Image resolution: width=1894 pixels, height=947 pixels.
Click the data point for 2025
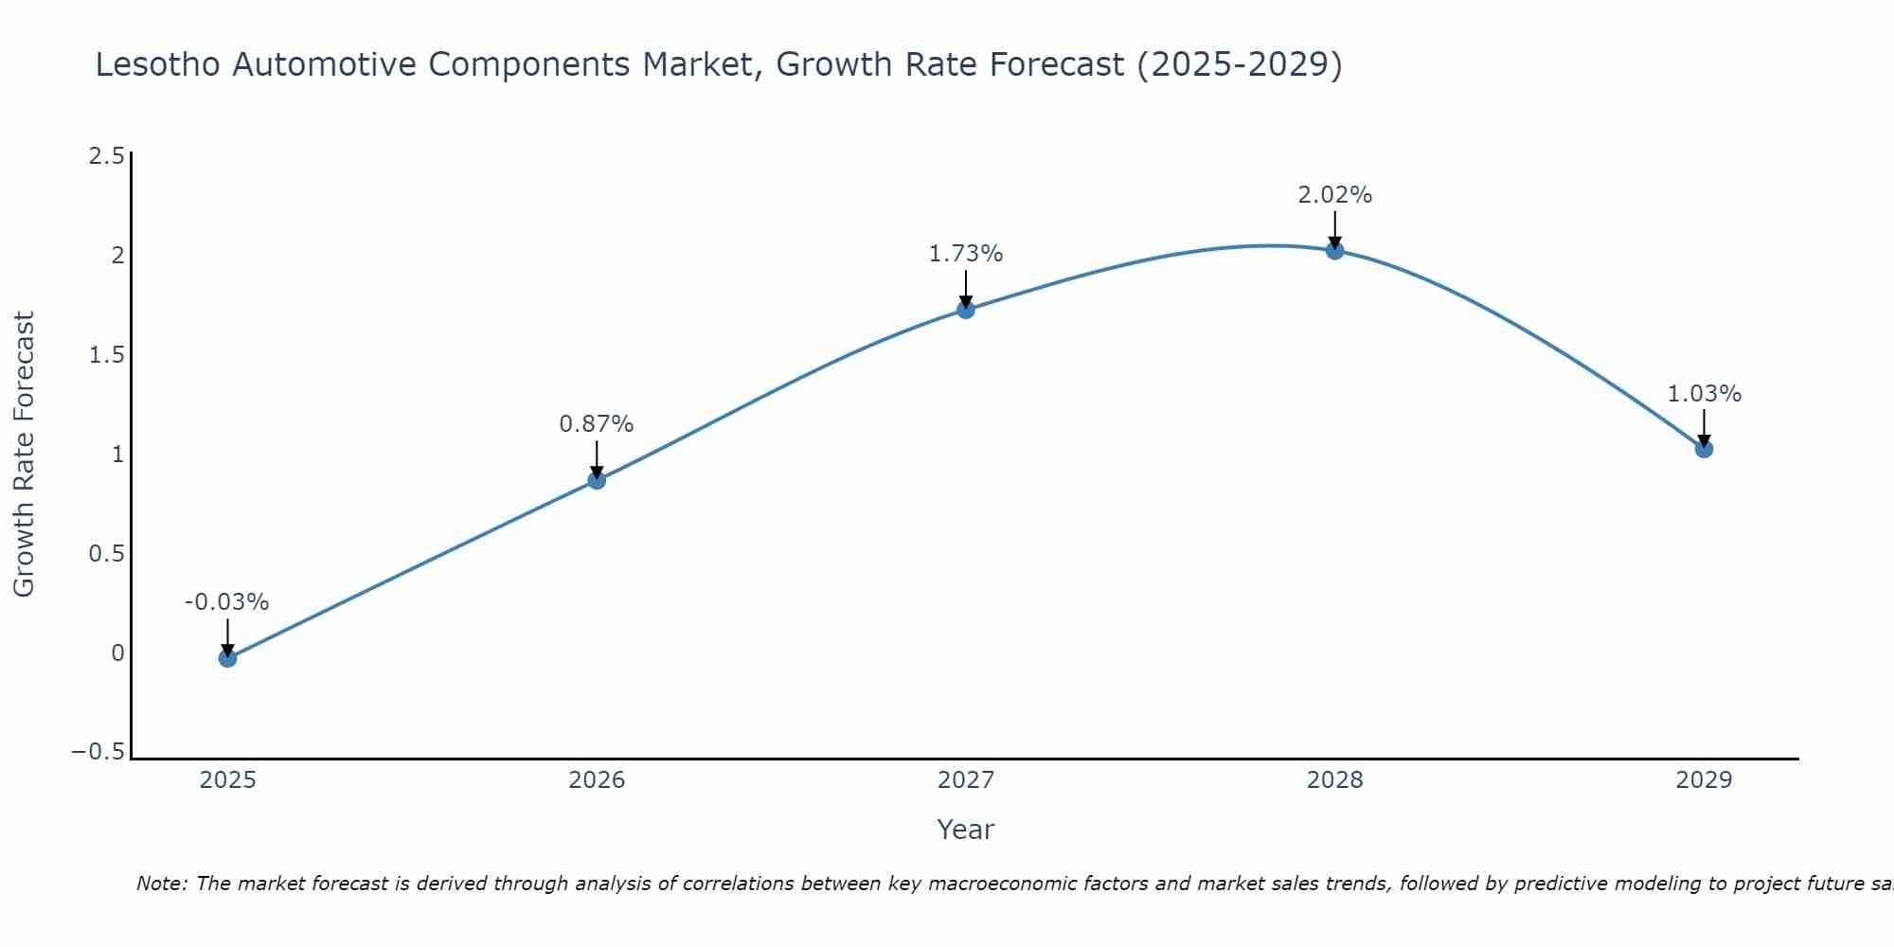click(227, 658)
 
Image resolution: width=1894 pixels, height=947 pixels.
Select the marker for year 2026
click(597, 480)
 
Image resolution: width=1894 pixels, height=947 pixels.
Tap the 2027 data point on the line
click(966, 310)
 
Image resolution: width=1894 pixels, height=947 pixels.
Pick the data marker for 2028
click(1335, 251)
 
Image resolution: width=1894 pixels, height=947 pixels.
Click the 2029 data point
click(1704, 449)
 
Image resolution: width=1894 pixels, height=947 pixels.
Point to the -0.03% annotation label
click(227, 602)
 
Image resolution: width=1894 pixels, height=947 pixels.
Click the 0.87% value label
click(597, 424)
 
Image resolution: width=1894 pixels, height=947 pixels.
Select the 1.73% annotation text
click(966, 254)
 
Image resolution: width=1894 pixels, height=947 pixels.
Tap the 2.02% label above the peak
click(1335, 195)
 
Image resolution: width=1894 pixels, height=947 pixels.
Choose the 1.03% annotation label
click(1704, 394)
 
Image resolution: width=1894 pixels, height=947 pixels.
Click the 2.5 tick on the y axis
click(106, 156)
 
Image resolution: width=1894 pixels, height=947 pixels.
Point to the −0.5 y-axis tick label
click(98, 752)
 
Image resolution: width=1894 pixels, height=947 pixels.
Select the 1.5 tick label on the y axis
click(106, 355)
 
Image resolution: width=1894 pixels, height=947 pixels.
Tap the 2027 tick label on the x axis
click(966, 780)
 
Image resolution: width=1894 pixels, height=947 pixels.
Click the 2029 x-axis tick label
click(1704, 780)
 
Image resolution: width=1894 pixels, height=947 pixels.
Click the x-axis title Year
click(966, 830)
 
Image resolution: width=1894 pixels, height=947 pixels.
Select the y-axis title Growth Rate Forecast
click(25, 455)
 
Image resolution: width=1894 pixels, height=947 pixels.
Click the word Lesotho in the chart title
click(159, 65)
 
